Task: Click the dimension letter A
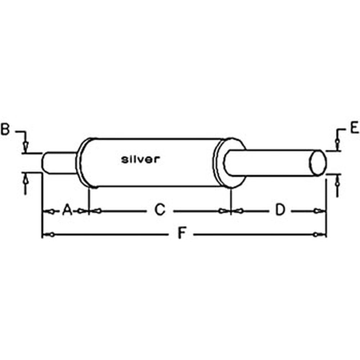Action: pos(67,210)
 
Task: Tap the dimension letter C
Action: pos(160,210)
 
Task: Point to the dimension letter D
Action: pos(280,210)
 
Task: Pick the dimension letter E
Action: pos(355,128)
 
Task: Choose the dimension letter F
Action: pos(183,234)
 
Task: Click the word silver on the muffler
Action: pos(140,159)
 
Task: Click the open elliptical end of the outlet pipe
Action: pos(318,163)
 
